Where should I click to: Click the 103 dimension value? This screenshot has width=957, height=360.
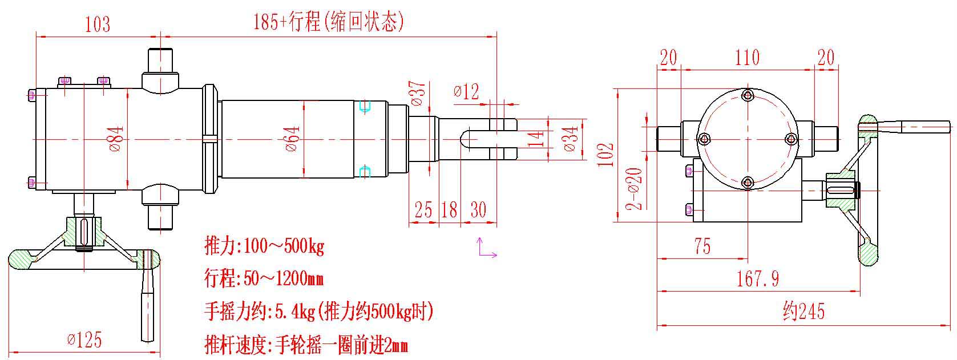(x=97, y=24)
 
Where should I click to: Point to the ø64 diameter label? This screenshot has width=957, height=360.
(x=292, y=139)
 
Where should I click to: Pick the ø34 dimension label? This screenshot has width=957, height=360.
(x=571, y=139)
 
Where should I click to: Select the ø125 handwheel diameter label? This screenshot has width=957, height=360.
(x=84, y=340)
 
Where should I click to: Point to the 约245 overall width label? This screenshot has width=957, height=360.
(x=803, y=312)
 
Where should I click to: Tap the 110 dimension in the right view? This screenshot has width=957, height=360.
(x=747, y=57)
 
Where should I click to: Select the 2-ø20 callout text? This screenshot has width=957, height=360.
(x=635, y=189)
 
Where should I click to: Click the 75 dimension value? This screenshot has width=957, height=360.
(x=702, y=246)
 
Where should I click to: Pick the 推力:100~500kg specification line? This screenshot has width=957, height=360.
(x=264, y=246)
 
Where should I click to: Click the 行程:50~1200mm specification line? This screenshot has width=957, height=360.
(x=264, y=279)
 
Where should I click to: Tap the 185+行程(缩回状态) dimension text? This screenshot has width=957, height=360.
(x=329, y=23)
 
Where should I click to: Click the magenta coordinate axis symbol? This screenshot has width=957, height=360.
(x=486, y=248)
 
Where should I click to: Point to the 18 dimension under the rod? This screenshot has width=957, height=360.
(x=450, y=209)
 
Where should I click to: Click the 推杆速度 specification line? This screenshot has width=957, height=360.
(x=306, y=345)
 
